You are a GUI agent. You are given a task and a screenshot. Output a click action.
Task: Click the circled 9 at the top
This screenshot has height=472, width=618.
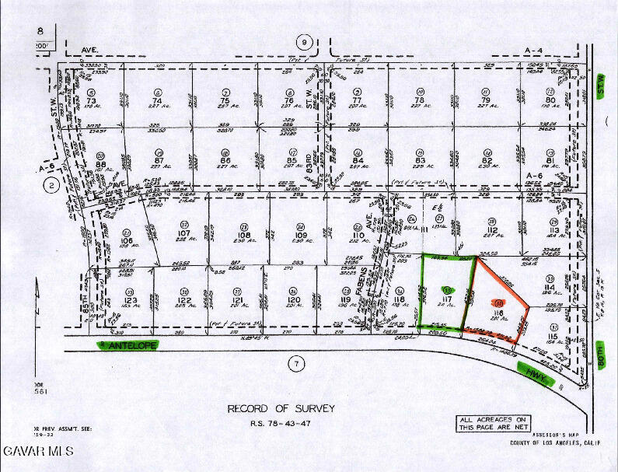click(306, 41)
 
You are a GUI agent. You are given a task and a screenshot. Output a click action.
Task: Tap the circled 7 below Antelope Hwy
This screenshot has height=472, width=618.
click(294, 362)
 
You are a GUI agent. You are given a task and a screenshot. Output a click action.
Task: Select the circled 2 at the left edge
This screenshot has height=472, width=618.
click(51, 185)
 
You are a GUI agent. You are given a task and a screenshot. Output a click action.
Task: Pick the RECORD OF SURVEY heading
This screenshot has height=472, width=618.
click(281, 408)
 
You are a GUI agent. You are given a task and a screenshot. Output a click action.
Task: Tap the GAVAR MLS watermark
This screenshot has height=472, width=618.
click(37, 451)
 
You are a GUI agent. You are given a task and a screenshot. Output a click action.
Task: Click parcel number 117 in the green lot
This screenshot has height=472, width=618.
click(446, 299)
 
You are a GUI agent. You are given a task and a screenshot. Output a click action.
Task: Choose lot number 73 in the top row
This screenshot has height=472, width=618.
click(92, 101)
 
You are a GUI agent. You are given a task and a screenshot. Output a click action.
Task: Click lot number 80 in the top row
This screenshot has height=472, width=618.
click(550, 100)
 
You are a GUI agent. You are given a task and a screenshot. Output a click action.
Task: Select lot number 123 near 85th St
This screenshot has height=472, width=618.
click(129, 299)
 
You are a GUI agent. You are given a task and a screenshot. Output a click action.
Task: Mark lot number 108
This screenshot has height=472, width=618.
click(244, 234)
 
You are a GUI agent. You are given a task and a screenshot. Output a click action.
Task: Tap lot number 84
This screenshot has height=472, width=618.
click(358, 162)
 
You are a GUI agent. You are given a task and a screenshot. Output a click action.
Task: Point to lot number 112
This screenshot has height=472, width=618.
click(491, 230)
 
